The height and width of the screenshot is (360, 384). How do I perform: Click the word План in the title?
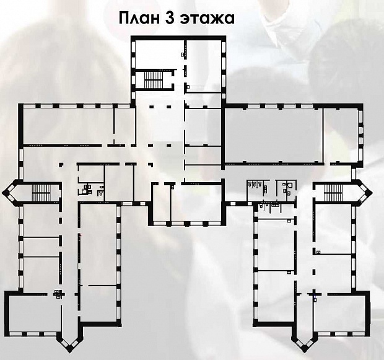pyautogui.click(x=139, y=18)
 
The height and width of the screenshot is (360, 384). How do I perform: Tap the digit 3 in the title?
pyautogui.click(x=170, y=18)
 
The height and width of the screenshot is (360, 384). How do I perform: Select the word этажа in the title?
pyautogui.click(x=207, y=19)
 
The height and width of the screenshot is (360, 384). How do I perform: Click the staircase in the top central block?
pyautogui.click(x=154, y=80)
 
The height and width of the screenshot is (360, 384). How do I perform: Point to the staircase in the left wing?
pyautogui.click(x=41, y=193)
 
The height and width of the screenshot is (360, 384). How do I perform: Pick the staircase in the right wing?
pyautogui.click(x=333, y=192)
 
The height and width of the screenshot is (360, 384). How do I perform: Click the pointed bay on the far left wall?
pyautogui.click(x=11, y=192)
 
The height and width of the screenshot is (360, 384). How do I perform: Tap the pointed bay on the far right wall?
pyautogui.click(x=364, y=193)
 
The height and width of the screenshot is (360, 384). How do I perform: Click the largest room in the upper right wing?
pyautogui.click(x=274, y=135)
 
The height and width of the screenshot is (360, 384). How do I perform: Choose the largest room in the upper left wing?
pyautogui.click(x=68, y=126)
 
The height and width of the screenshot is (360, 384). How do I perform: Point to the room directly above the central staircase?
pyautogui.click(x=159, y=55)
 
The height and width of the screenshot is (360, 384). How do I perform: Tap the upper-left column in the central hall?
pyautogui.click(x=152, y=107)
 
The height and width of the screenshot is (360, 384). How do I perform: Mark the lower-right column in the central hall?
pyautogui.click(x=168, y=146)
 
